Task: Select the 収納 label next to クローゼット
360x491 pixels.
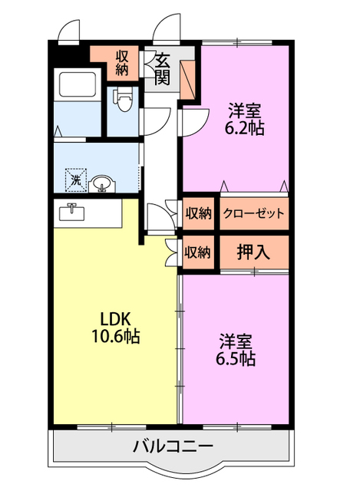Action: coord(198,214)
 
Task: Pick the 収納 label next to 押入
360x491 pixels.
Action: coord(198,252)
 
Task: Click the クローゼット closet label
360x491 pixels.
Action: coord(254,214)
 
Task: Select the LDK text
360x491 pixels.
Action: coord(112,318)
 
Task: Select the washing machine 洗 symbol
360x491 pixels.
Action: coord(75,180)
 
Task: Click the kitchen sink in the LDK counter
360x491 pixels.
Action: coord(71,211)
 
